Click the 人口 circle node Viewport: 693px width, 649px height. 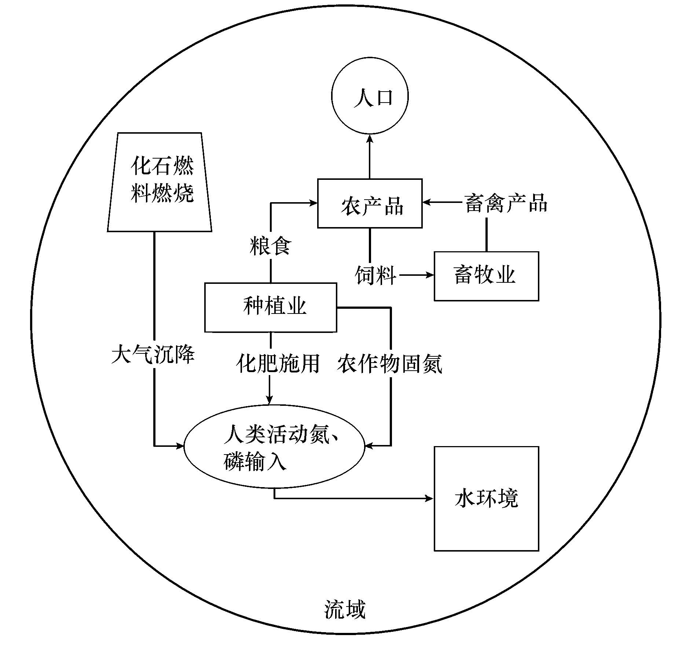(370, 96)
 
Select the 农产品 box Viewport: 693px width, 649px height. (370, 204)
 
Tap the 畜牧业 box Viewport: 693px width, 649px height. (486, 276)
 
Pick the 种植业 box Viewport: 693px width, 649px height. (271, 307)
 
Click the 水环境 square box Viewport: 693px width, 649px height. (486, 498)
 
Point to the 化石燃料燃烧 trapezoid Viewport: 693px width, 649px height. (160, 182)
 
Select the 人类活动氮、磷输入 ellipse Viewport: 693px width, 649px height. (274, 446)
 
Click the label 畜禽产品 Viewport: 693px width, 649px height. (506, 203)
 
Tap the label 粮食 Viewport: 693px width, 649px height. (271, 246)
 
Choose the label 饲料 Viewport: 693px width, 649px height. (375, 275)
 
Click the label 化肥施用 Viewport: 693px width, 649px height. (278, 364)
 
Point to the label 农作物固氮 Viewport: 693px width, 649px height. (390, 364)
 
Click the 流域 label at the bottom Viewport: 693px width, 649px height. (345, 609)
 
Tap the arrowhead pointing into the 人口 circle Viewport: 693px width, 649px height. (370, 138)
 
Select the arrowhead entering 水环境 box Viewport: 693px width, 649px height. (429, 498)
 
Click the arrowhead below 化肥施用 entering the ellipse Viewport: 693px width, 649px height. (269, 401)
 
